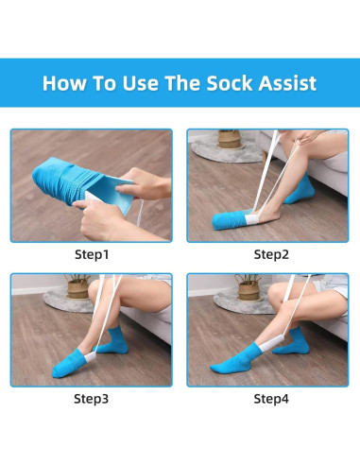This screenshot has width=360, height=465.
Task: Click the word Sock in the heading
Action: tap(229, 83)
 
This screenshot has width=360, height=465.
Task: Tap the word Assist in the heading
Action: tap(287, 83)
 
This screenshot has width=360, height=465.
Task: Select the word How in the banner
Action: tap(64, 83)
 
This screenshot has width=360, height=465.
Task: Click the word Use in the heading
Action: tap(140, 83)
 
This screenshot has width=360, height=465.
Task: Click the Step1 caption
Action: tap(92, 254)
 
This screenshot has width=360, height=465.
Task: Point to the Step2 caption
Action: tap(271, 254)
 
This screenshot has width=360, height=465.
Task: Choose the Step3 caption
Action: tap(92, 399)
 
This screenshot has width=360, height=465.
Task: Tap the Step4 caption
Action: tap(271, 399)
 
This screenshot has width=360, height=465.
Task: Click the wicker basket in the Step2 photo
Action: tap(230, 138)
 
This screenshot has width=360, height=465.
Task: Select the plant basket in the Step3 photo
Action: tap(77, 289)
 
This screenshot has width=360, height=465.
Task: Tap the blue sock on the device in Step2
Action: tap(228, 220)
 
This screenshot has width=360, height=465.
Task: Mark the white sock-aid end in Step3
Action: tap(91, 356)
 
